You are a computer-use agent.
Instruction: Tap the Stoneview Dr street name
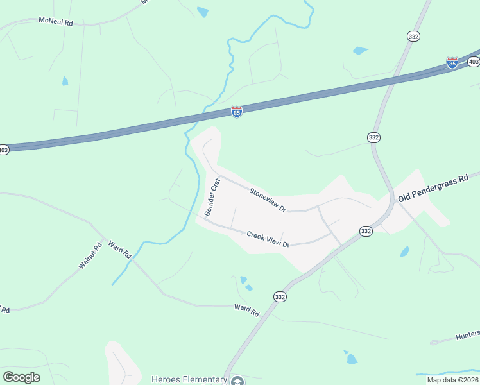(x=268, y=200)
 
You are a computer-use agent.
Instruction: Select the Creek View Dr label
(x=269, y=239)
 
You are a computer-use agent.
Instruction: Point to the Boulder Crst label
(x=212, y=196)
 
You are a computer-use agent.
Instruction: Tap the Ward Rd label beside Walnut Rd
(x=119, y=249)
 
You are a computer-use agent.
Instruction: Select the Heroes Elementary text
(x=189, y=379)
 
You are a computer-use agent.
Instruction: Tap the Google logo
(x=21, y=377)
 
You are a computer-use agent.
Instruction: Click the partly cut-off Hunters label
(x=467, y=335)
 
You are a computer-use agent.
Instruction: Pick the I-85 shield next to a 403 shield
(x=452, y=63)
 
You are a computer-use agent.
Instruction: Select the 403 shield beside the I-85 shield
(x=474, y=62)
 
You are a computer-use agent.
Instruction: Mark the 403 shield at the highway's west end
(x=4, y=150)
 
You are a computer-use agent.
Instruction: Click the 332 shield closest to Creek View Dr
(x=366, y=231)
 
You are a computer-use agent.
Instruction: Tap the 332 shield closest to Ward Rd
(x=280, y=296)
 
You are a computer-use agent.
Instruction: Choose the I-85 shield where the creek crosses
(x=237, y=112)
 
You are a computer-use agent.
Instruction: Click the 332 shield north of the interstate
(x=413, y=37)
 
